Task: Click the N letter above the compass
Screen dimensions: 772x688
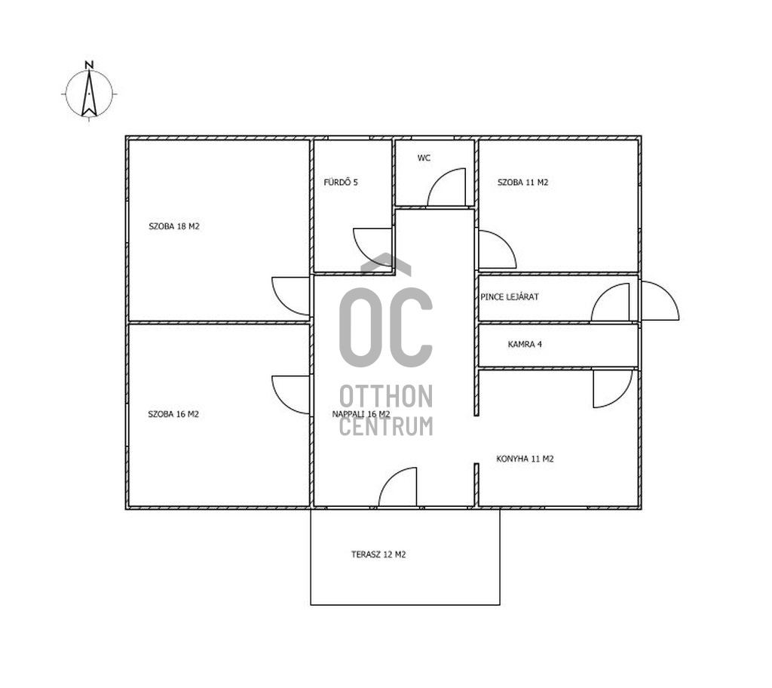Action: coord(89,65)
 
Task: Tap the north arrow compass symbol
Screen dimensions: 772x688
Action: coord(89,94)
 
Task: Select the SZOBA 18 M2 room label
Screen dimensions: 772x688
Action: coord(174,226)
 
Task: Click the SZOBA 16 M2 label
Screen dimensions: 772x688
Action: coord(173,414)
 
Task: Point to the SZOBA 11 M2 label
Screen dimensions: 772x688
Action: coord(523,183)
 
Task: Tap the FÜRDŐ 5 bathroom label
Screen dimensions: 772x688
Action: coord(341,182)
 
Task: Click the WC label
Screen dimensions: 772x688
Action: coord(424,158)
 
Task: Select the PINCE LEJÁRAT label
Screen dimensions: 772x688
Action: coord(510,296)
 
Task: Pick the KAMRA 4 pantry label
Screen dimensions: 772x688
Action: coord(525,344)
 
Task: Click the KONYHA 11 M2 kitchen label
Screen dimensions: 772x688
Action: coord(525,459)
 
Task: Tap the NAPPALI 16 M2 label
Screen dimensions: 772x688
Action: coord(361,414)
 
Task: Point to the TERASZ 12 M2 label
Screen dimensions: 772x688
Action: coord(378,554)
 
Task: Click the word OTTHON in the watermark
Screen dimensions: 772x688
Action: coord(386,396)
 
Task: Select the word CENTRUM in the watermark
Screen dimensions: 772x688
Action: coord(386,426)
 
